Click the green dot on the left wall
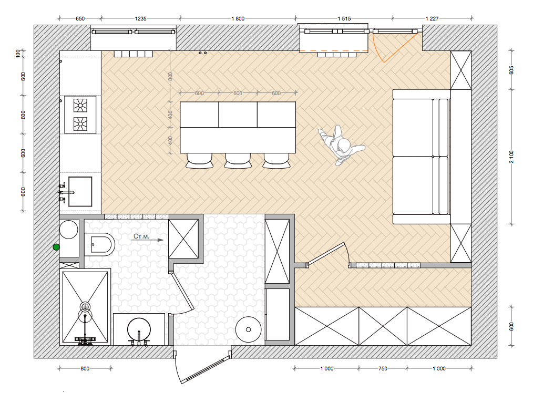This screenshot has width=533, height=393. tap(56, 247)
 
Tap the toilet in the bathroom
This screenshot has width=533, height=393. tap(99, 244)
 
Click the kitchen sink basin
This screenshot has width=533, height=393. tap(80, 192)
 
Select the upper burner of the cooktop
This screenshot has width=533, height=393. tap(80, 105)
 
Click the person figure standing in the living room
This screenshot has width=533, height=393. tap(341, 145)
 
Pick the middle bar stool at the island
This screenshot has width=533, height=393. tap(238, 161)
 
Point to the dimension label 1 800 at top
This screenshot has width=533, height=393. tap(238, 19)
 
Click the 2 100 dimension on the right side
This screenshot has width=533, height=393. tap(511, 157)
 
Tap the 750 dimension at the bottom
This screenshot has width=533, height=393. tap(383, 368)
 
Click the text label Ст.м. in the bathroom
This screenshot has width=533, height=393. tap(141, 236)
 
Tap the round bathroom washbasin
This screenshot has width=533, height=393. tap(139, 329)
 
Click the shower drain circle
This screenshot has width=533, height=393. tap(85, 307)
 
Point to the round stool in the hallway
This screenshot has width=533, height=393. tap(249, 329)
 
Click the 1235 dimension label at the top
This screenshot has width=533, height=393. tap(141, 19)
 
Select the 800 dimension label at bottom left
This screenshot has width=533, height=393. tap(85, 368)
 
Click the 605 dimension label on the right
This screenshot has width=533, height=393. tap(511, 70)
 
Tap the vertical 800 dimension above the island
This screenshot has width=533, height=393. tap(170, 76)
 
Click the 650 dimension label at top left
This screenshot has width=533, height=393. tap(80, 19)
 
